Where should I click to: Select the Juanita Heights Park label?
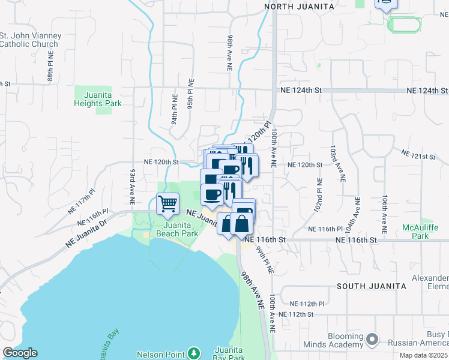(98, 99)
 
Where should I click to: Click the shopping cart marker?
(167, 204)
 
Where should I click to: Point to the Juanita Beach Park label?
(177, 229)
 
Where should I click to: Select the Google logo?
(20, 352)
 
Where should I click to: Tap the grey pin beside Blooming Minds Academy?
(372, 340)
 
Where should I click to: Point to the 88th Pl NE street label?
(51, 70)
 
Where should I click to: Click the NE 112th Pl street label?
(306, 304)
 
